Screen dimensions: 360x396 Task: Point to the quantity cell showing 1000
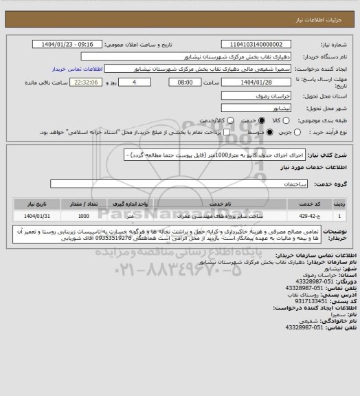pos(83,215)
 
